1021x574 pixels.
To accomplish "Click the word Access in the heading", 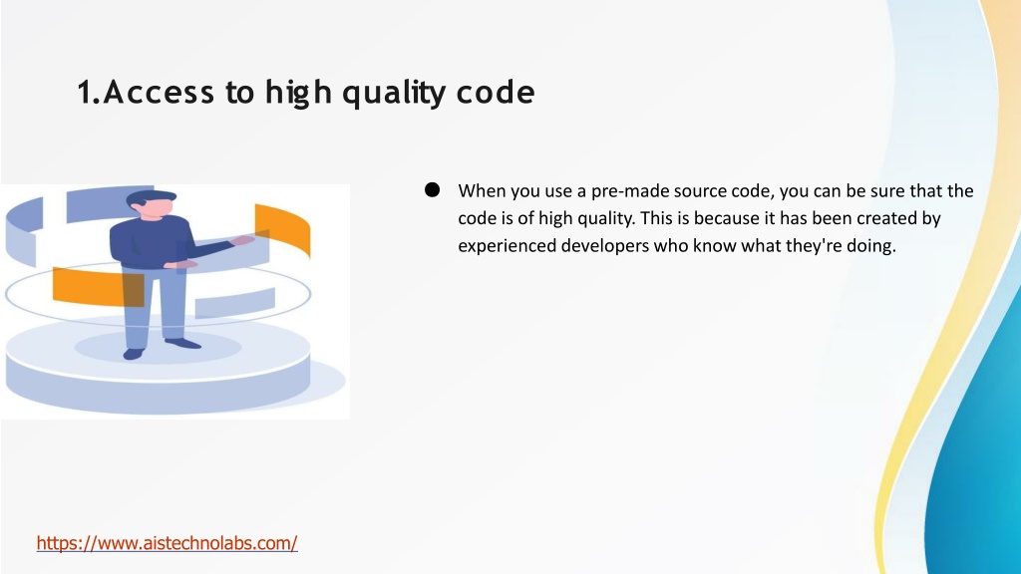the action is tap(159, 92).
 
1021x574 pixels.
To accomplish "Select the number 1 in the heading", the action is tap(85, 92).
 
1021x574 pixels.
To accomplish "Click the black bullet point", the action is tap(432, 190).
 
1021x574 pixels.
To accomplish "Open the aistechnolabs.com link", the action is tap(167, 543).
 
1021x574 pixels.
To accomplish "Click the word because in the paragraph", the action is tap(726, 218).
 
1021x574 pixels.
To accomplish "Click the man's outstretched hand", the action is tap(242, 240).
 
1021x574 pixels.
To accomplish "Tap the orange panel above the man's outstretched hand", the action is tap(282, 228).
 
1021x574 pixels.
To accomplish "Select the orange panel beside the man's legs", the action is tap(98, 286).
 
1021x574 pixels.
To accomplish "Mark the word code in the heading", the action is tap(496, 92).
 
